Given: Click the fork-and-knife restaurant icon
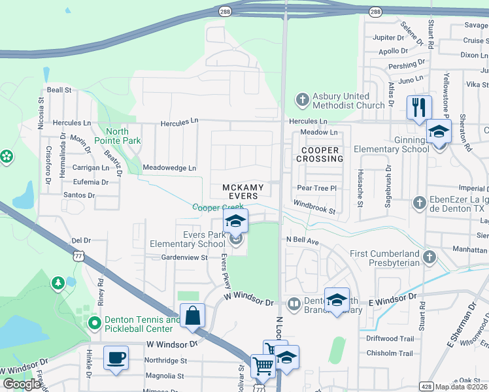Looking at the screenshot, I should [419, 107].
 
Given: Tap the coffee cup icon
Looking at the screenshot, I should [116, 358].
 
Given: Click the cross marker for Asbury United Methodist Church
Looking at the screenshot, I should [301, 100].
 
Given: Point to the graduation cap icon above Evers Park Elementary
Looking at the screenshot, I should [236, 221].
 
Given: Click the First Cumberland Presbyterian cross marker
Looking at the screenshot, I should [429, 257].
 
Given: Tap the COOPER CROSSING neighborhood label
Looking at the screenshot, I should [320, 155].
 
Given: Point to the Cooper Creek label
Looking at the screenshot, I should [218, 207].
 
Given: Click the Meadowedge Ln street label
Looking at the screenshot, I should [169, 168].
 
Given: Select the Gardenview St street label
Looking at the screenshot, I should [184, 257].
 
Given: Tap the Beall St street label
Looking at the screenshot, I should [58, 90].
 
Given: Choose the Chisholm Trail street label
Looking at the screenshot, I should [390, 353].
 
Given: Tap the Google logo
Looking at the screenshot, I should [22, 384].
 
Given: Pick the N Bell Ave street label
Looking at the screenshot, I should [302, 240].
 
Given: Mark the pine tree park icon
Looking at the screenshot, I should [58, 282].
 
